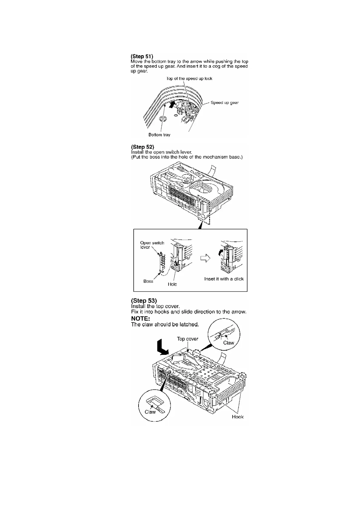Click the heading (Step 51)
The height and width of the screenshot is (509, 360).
click(x=142, y=56)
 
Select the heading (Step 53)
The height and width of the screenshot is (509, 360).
click(x=144, y=300)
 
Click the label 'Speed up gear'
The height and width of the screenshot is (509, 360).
click(x=224, y=103)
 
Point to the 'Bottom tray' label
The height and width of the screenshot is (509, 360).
click(x=159, y=135)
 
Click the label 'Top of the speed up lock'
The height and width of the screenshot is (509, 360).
click(x=189, y=79)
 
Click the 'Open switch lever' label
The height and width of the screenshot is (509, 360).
click(x=152, y=245)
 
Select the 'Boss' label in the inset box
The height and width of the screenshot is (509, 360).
click(x=148, y=281)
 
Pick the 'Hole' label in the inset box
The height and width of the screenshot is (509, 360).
click(x=172, y=284)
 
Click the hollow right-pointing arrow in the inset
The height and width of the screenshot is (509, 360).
click(x=205, y=258)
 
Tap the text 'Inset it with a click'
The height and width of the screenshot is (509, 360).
click(x=224, y=279)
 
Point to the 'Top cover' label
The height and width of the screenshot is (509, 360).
click(x=188, y=339)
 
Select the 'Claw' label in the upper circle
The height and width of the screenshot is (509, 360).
click(x=228, y=343)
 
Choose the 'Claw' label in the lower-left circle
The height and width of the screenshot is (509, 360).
click(x=150, y=412)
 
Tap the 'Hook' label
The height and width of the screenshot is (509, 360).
click(x=237, y=417)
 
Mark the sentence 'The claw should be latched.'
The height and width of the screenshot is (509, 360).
click(x=165, y=325)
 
